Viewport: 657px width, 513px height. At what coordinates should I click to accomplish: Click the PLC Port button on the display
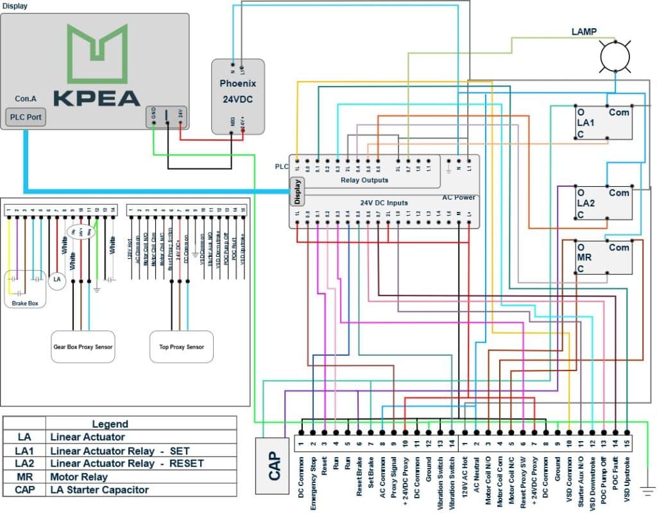(x=26, y=118)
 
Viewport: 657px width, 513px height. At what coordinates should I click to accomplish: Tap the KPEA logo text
(x=96, y=98)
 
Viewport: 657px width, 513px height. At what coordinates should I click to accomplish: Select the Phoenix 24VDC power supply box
(x=238, y=96)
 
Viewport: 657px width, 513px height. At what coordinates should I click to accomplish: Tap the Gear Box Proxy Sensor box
(x=83, y=347)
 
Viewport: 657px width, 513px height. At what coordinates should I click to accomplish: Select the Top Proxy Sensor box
(x=181, y=347)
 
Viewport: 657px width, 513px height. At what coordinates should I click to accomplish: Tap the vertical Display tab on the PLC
(x=297, y=191)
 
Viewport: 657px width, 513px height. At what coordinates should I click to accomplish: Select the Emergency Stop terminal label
(x=313, y=483)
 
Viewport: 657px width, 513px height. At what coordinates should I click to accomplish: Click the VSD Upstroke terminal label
(x=626, y=477)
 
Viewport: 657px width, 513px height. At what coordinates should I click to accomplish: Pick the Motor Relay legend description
(x=79, y=476)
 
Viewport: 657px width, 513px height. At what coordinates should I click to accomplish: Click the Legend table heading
(x=110, y=424)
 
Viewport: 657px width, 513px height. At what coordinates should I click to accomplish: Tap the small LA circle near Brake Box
(x=57, y=279)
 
